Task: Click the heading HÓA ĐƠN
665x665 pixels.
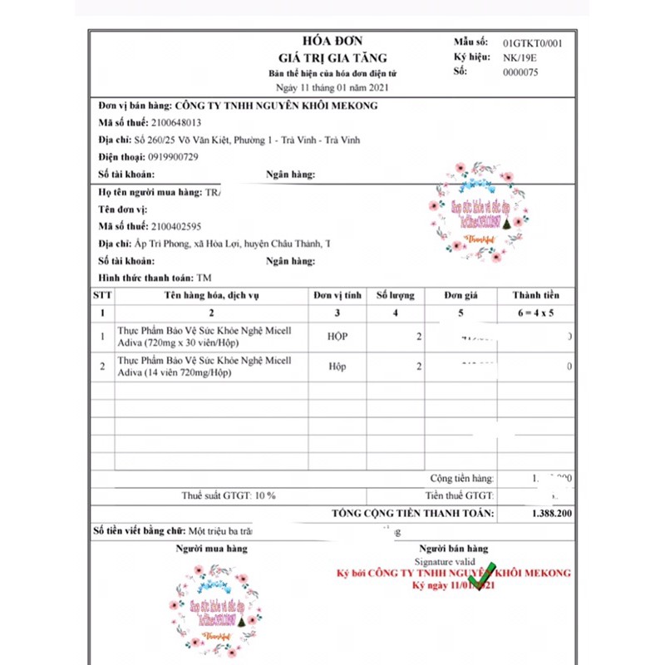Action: (332, 40)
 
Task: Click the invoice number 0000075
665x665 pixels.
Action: (521, 72)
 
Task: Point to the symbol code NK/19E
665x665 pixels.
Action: (520, 57)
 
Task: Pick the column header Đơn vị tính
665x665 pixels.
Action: (337, 295)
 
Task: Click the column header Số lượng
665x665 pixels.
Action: (396, 295)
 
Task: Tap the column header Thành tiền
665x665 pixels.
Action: (535, 295)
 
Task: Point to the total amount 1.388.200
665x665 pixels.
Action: (550, 514)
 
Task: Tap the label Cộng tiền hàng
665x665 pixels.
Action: (462, 478)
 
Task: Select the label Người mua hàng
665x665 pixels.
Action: (211, 549)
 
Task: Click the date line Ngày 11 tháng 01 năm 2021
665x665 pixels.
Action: (332, 86)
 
